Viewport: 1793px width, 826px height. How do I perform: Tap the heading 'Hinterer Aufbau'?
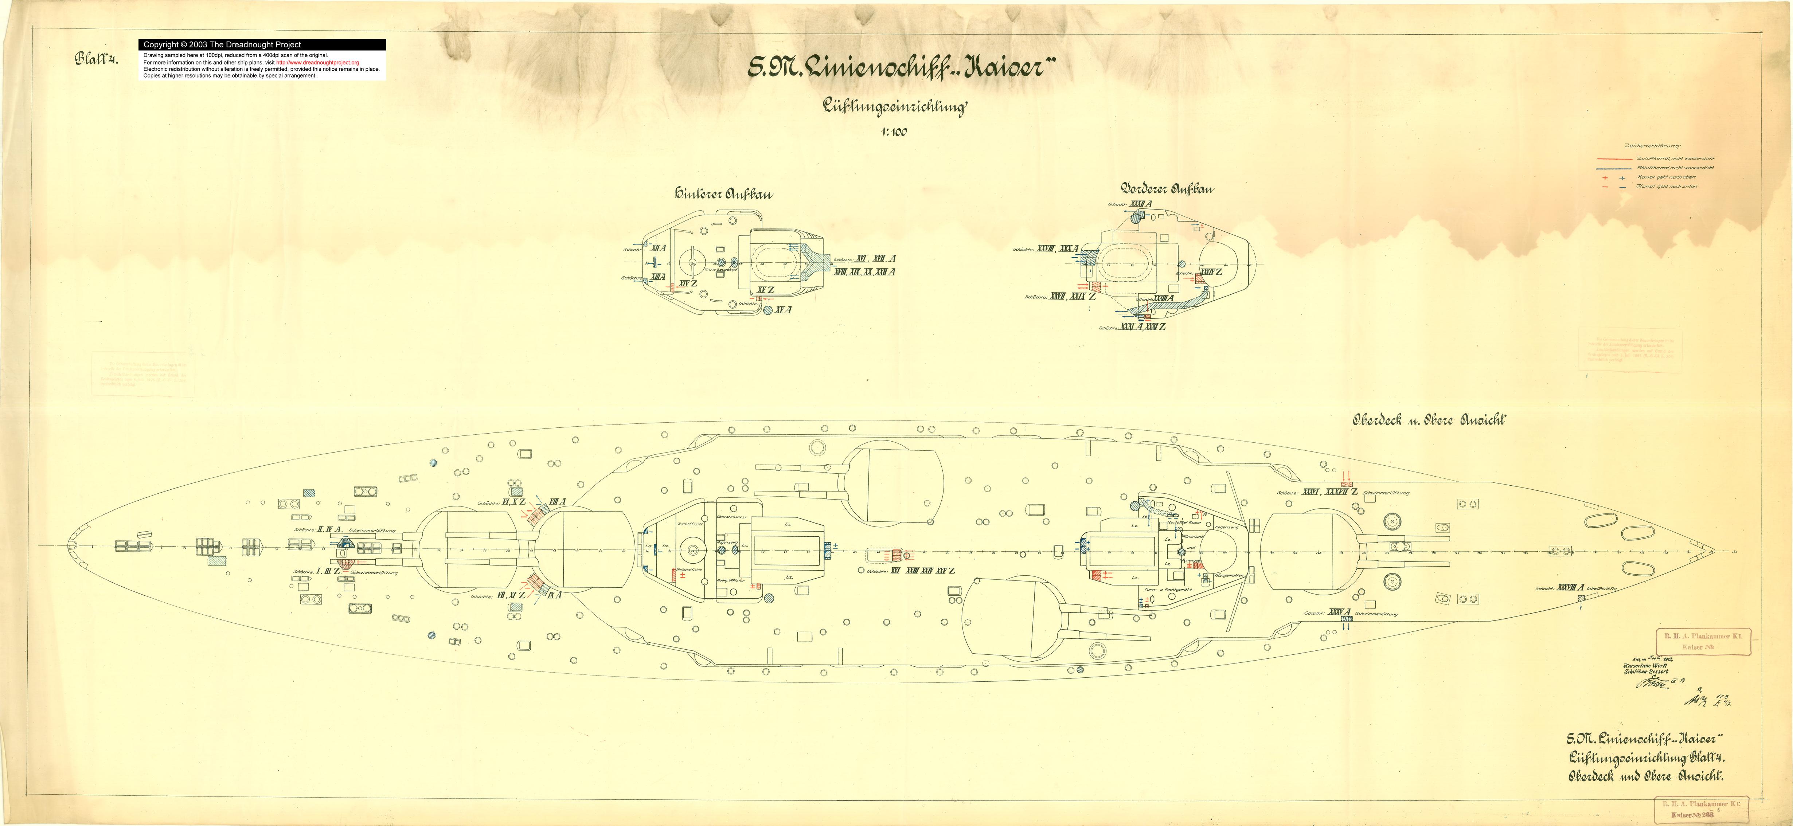tap(723, 194)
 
